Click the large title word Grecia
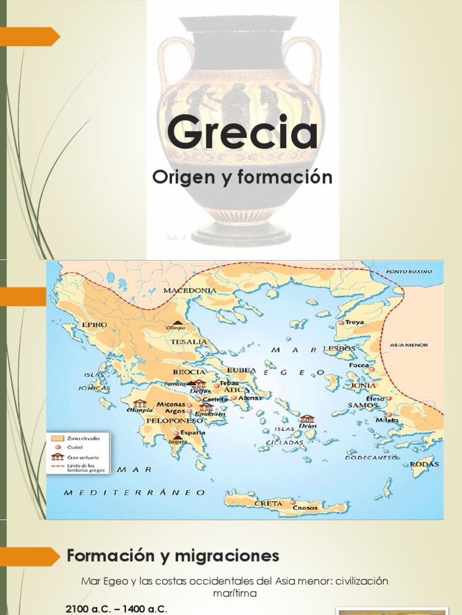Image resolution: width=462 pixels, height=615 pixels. coord(242,133)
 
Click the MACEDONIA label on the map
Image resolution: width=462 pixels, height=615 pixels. coord(189,291)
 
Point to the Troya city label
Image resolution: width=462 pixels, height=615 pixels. coord(354,323)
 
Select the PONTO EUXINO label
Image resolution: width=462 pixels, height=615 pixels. coord(409,272)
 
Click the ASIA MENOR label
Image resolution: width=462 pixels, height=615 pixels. coord(409,345)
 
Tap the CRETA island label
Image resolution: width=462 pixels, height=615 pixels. coord(268,503)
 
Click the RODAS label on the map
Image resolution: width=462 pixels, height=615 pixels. coord(424,464)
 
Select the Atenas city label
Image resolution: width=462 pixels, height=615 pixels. coord(251,398)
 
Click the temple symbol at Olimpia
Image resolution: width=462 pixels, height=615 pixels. coord(140,404)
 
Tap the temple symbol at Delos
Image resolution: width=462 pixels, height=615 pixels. coord(307,419)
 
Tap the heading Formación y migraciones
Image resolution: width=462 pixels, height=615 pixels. coord(173,556)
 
